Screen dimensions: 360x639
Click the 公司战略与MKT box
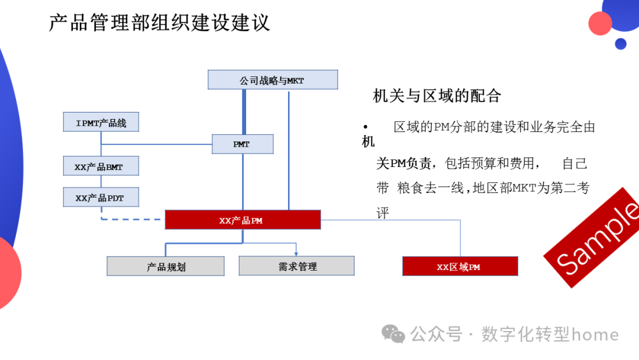[272, 80]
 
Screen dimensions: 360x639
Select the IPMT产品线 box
[101, 123]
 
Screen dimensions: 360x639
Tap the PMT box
[243, 144]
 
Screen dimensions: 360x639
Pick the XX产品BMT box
[101, 166]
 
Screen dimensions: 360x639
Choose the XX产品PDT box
[101, 197]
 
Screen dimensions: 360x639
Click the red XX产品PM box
[243, 220]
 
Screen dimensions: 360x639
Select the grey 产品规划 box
[166, 266]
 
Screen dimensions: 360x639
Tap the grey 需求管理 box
[296, 266]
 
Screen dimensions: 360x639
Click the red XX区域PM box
[460, 266]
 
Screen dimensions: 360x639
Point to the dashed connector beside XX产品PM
[130, 219]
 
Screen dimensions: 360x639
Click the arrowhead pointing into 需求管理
[296, 253]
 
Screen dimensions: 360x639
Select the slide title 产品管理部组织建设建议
[159, 22]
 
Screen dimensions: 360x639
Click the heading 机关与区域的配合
[437, 95]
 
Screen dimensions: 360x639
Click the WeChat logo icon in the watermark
[393, 334]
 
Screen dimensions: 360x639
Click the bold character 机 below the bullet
[368, 142]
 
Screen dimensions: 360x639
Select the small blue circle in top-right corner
[620, 44]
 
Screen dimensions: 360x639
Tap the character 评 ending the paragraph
[383, 213]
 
